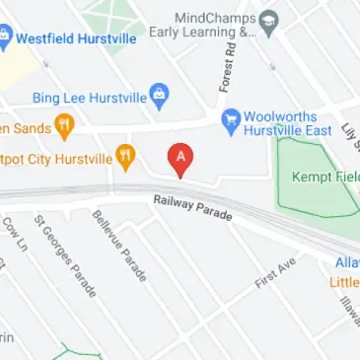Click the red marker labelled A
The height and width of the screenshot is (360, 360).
(x=180, y=159)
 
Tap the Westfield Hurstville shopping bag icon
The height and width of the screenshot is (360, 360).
(x=4, y=40)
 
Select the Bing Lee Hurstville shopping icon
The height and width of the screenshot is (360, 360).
(x=160, y=96)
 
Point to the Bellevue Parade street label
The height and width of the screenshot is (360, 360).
(x=119, y=246)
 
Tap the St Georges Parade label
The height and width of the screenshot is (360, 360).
(x=65, y=255)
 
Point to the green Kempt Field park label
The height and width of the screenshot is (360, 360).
(x=324, y=178)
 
